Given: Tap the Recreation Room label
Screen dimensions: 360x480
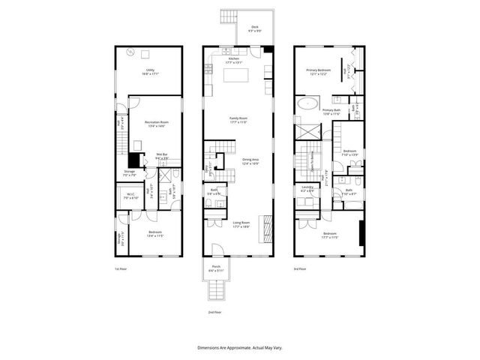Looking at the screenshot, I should pos(155,124).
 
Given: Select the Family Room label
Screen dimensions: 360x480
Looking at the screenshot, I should pos(238,119).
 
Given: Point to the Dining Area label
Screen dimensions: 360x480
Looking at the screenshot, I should pos(250,160).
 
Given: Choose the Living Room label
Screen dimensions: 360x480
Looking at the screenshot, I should pos(240,223).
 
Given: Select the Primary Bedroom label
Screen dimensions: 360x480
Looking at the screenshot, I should pos(318,72).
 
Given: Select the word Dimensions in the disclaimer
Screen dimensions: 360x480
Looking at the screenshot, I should pos(210,348).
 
